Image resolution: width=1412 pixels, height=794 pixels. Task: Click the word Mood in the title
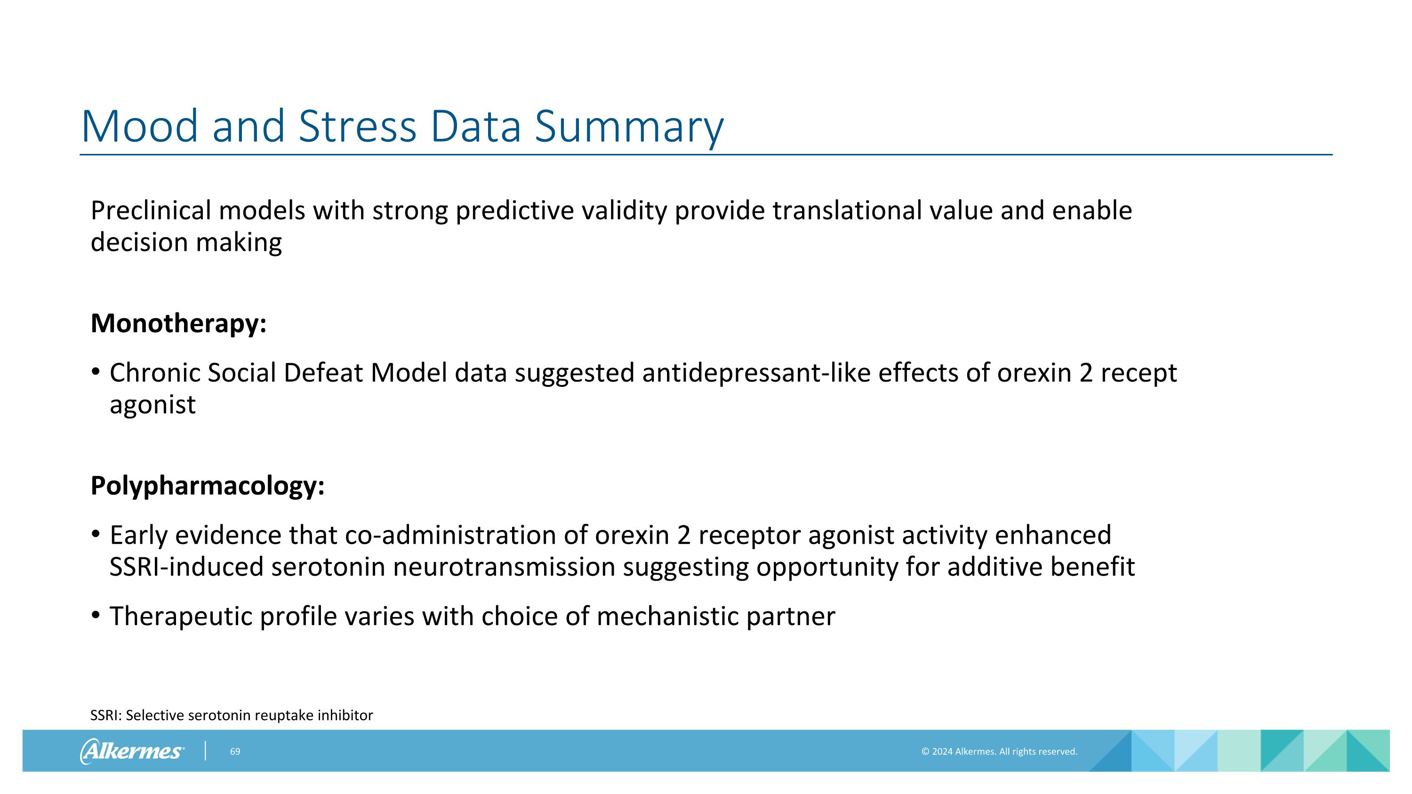pyautogui.click(x=139, y=126)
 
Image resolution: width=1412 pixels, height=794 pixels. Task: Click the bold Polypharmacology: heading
pyautogui.click(x=208, y=486)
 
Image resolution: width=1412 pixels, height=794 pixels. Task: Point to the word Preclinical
pyautogui.click(x=151, y=210)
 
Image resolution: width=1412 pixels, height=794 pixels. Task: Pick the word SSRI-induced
pyautogui.click(x=186, y=567)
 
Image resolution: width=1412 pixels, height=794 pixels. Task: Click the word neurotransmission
pyautogui.click(x=504, y=567)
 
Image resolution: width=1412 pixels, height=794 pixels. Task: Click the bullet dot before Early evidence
pyautogui.click(x=96, y=534)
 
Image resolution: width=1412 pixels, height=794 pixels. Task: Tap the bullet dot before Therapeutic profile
pyautogui.click(x=96, y=615)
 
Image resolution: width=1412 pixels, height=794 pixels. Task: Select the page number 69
pyautogui.click(x=235, y=752)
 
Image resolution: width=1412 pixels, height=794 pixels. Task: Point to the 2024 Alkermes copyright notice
pyautogui.click(x=999, y=752)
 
